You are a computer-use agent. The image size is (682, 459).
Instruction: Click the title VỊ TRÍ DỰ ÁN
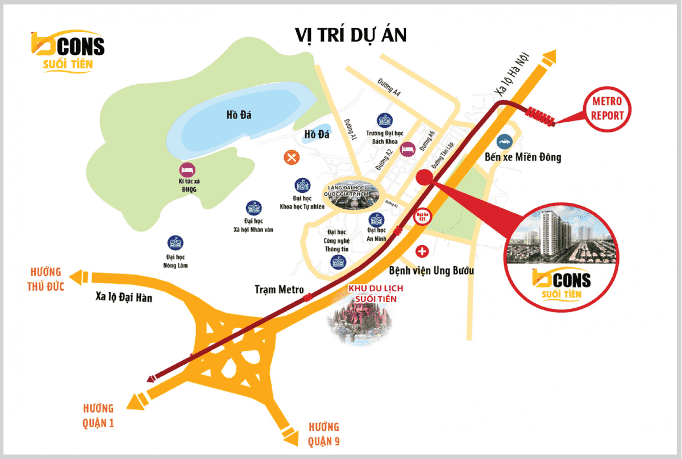tap(351, 35)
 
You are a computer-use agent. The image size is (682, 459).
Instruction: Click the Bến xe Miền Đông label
tap(523, 158)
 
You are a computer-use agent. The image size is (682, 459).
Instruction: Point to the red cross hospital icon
tap(422, 250)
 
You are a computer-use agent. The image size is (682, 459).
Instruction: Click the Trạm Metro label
tap(279, 290)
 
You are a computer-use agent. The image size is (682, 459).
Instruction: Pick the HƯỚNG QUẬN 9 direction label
tap(323, 433)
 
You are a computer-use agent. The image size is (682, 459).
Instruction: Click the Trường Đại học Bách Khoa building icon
tap(384, 120)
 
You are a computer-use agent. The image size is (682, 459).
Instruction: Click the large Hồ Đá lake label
tap(238, 115)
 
